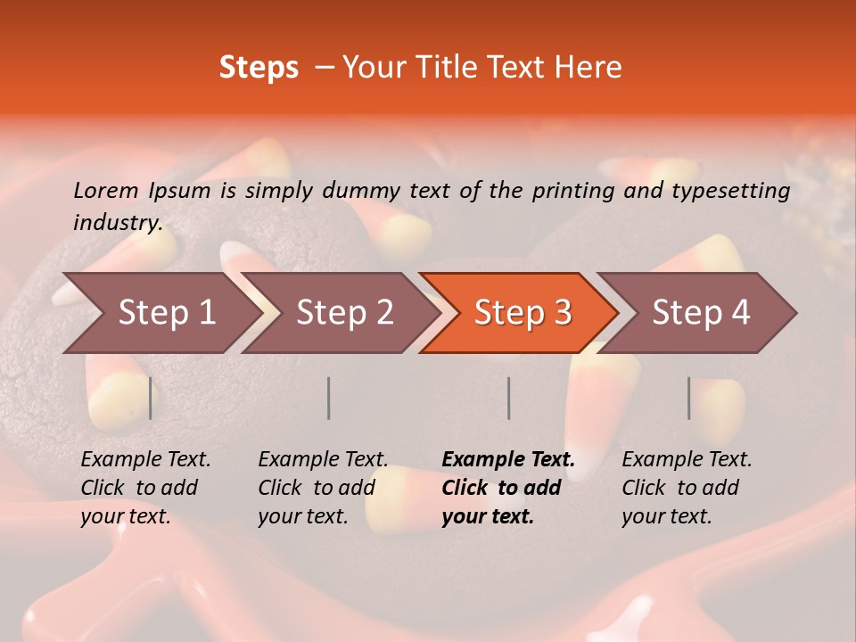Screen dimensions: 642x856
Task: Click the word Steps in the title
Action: [x=259, y=68]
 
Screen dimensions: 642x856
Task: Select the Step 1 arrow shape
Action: [x=160, y=312]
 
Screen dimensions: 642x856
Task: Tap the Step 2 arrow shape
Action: [x=344, y=312]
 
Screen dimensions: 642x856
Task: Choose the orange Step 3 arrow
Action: [x=523, y=312]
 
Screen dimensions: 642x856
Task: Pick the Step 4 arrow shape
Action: [x=701, y=312]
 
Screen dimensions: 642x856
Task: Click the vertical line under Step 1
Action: [x=150, y=398]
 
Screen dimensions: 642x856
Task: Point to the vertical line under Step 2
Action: [x=329, y=398]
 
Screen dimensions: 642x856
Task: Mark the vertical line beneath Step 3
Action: [x=508, y=398]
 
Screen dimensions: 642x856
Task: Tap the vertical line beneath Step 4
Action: [x=688, y=398]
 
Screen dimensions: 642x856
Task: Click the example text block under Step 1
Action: [x=145, y=488]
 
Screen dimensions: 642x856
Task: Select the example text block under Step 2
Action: [x=323, y=488]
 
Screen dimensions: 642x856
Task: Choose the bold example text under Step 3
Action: [x=508, y=488]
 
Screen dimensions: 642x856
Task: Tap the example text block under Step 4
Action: [x=687, y=488]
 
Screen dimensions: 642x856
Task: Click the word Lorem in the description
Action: [x=105, y=191]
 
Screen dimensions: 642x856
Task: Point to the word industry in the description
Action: [x=118, y=223]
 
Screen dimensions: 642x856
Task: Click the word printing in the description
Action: [x=571, y=191]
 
